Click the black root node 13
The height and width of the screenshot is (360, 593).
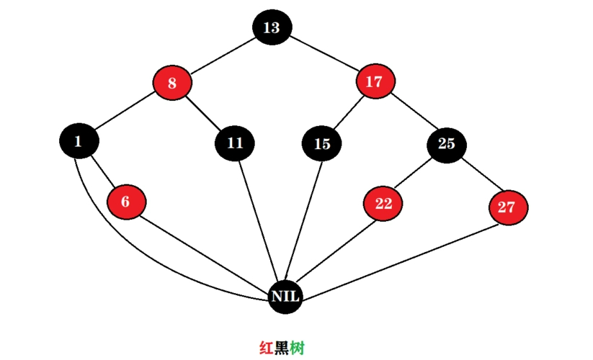coord(271,28)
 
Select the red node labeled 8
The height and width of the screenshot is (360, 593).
coord(172,83)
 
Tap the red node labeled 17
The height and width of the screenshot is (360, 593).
coord(373,82)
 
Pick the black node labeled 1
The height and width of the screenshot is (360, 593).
coord(78,141)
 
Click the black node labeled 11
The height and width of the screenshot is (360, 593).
coord(235,142)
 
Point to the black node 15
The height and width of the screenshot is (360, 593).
coord(322,143)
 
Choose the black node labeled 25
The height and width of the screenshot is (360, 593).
coord(447,143)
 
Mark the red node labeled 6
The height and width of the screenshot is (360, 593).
coord(125,202)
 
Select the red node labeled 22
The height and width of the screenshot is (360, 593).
coord(383,204)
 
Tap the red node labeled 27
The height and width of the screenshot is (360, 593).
coord(507,207)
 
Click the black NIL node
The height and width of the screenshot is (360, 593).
coord(285,296)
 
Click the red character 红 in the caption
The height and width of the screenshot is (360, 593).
coord(266,348)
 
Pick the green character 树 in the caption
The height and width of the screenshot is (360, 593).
coord(297,348)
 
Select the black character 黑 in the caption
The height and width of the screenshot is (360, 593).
coord(281,348)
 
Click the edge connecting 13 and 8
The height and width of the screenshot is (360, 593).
coord(222,55)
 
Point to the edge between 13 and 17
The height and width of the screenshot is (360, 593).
coord(322,55)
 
